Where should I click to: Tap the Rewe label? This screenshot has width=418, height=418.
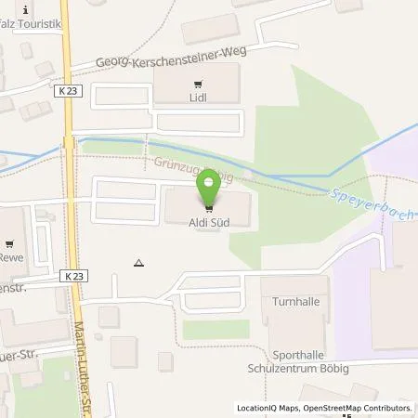11,257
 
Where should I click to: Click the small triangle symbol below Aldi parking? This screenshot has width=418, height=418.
138,262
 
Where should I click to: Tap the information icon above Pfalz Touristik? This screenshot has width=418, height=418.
25,9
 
